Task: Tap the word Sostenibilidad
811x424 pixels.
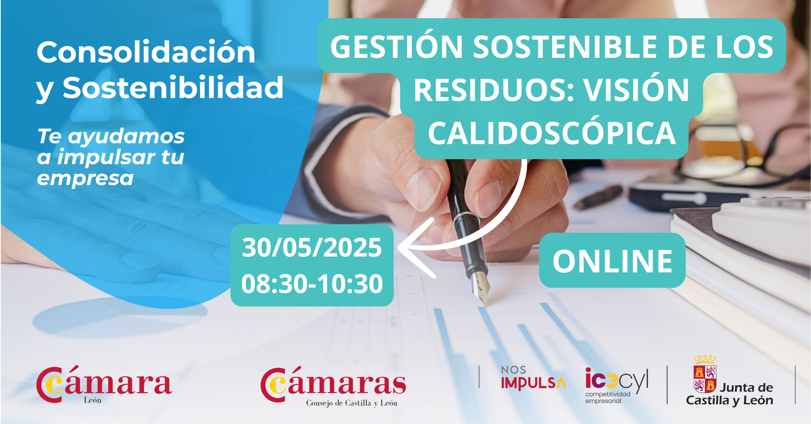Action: pos(173,87)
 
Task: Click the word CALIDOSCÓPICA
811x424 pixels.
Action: pos(552,133)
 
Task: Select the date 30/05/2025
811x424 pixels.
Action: pos(312,248)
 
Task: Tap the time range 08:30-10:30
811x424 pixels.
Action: pos(312,284)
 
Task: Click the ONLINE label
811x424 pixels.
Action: pos(613,261)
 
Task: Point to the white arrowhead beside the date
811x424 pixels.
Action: pos(410,248)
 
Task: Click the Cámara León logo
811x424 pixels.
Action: pos(104,384)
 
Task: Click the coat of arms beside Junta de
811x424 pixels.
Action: pos(705,374)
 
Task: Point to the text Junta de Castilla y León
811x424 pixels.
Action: pos(729,394)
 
